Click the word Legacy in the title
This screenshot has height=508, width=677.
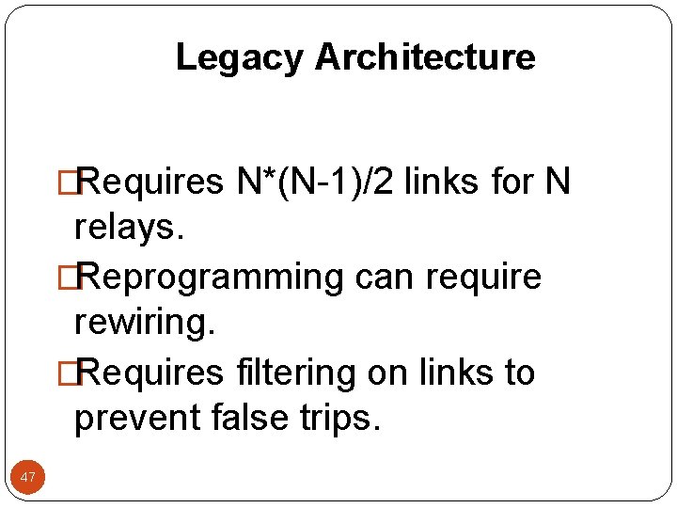coord(240,58)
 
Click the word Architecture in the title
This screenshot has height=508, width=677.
coord(425,58)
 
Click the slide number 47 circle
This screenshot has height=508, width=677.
coord(28,478)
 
